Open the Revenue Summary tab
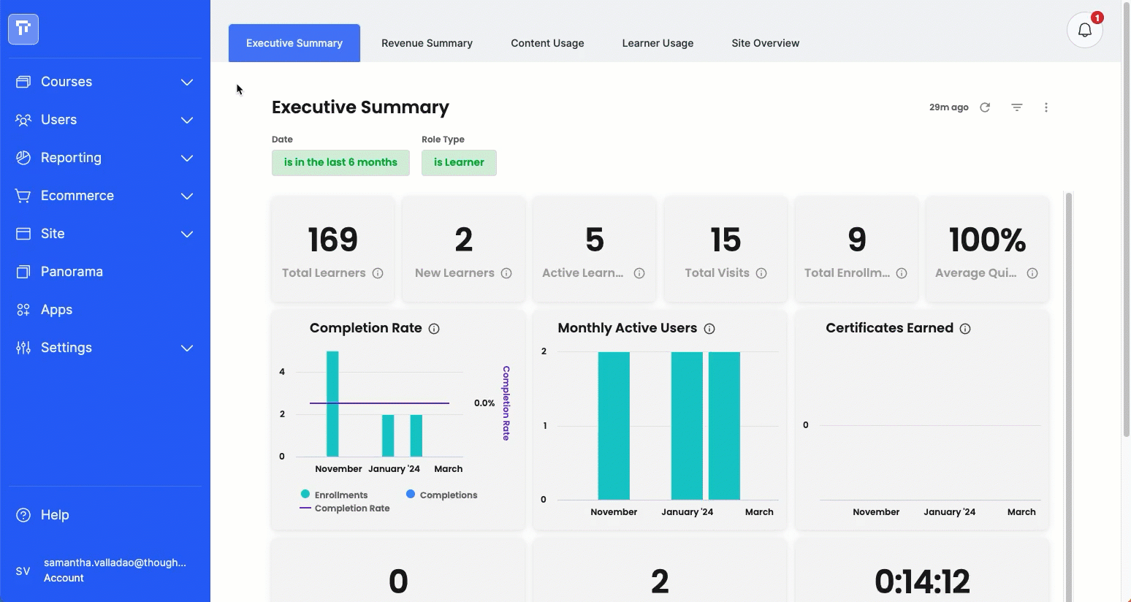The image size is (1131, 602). (x=427, y=43)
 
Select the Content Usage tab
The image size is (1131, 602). (x=547, y=43)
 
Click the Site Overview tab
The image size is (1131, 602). (x=766, y=43)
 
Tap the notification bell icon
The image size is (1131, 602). (x=1084, y=30)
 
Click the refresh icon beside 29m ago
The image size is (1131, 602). (x=985, y=107)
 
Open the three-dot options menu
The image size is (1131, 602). (x=1046, y=107)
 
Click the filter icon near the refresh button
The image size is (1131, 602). (x=1017, y=107)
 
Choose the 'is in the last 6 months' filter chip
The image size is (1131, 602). (x=340, y=163)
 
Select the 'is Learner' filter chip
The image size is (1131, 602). (x=459, y=163)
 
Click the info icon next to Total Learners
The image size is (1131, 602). (x=378, y=273)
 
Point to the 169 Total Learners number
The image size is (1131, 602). (x=332, y=240)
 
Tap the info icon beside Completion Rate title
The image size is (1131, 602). (x=434, y=329)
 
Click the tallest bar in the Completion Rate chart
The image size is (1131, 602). (x=332, y=404)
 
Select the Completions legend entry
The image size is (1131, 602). (x=442, y=495)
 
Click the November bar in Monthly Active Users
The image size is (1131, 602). (x=614, y=426)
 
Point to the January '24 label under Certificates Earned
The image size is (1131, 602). (x=949, y=511)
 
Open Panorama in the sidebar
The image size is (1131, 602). (x=72, y=272)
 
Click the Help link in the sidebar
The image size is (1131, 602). (x=55, y=514)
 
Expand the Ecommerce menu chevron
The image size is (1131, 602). (x=187, y=196)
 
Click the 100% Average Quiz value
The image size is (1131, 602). (x=987, y=240)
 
